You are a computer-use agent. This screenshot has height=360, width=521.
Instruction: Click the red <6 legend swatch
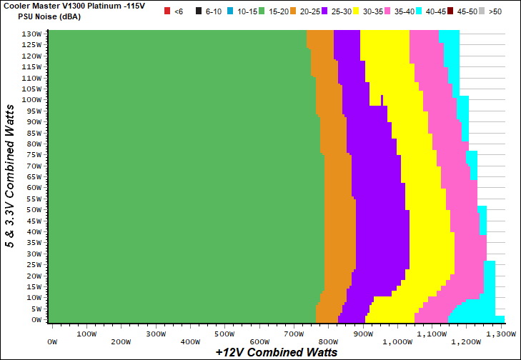tap(167, 11)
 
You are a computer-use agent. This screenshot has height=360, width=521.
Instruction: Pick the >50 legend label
tap(496, 11)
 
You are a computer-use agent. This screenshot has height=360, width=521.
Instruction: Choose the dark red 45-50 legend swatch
tap(451, 11)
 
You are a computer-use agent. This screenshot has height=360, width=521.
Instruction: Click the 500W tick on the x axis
tap(224, 334)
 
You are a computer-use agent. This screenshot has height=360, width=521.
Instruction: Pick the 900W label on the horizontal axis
tap(363, 334)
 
